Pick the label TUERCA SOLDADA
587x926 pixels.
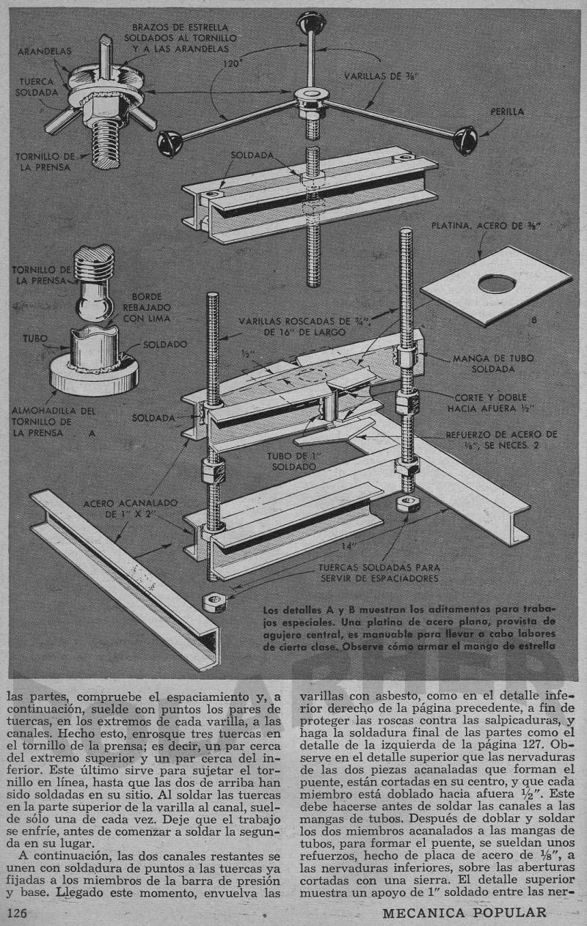(x=37, y=88)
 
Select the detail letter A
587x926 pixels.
(x=92, y=433)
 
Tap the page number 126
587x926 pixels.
(x=22, y=913)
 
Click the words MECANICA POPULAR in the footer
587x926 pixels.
(x=464, y=913)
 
